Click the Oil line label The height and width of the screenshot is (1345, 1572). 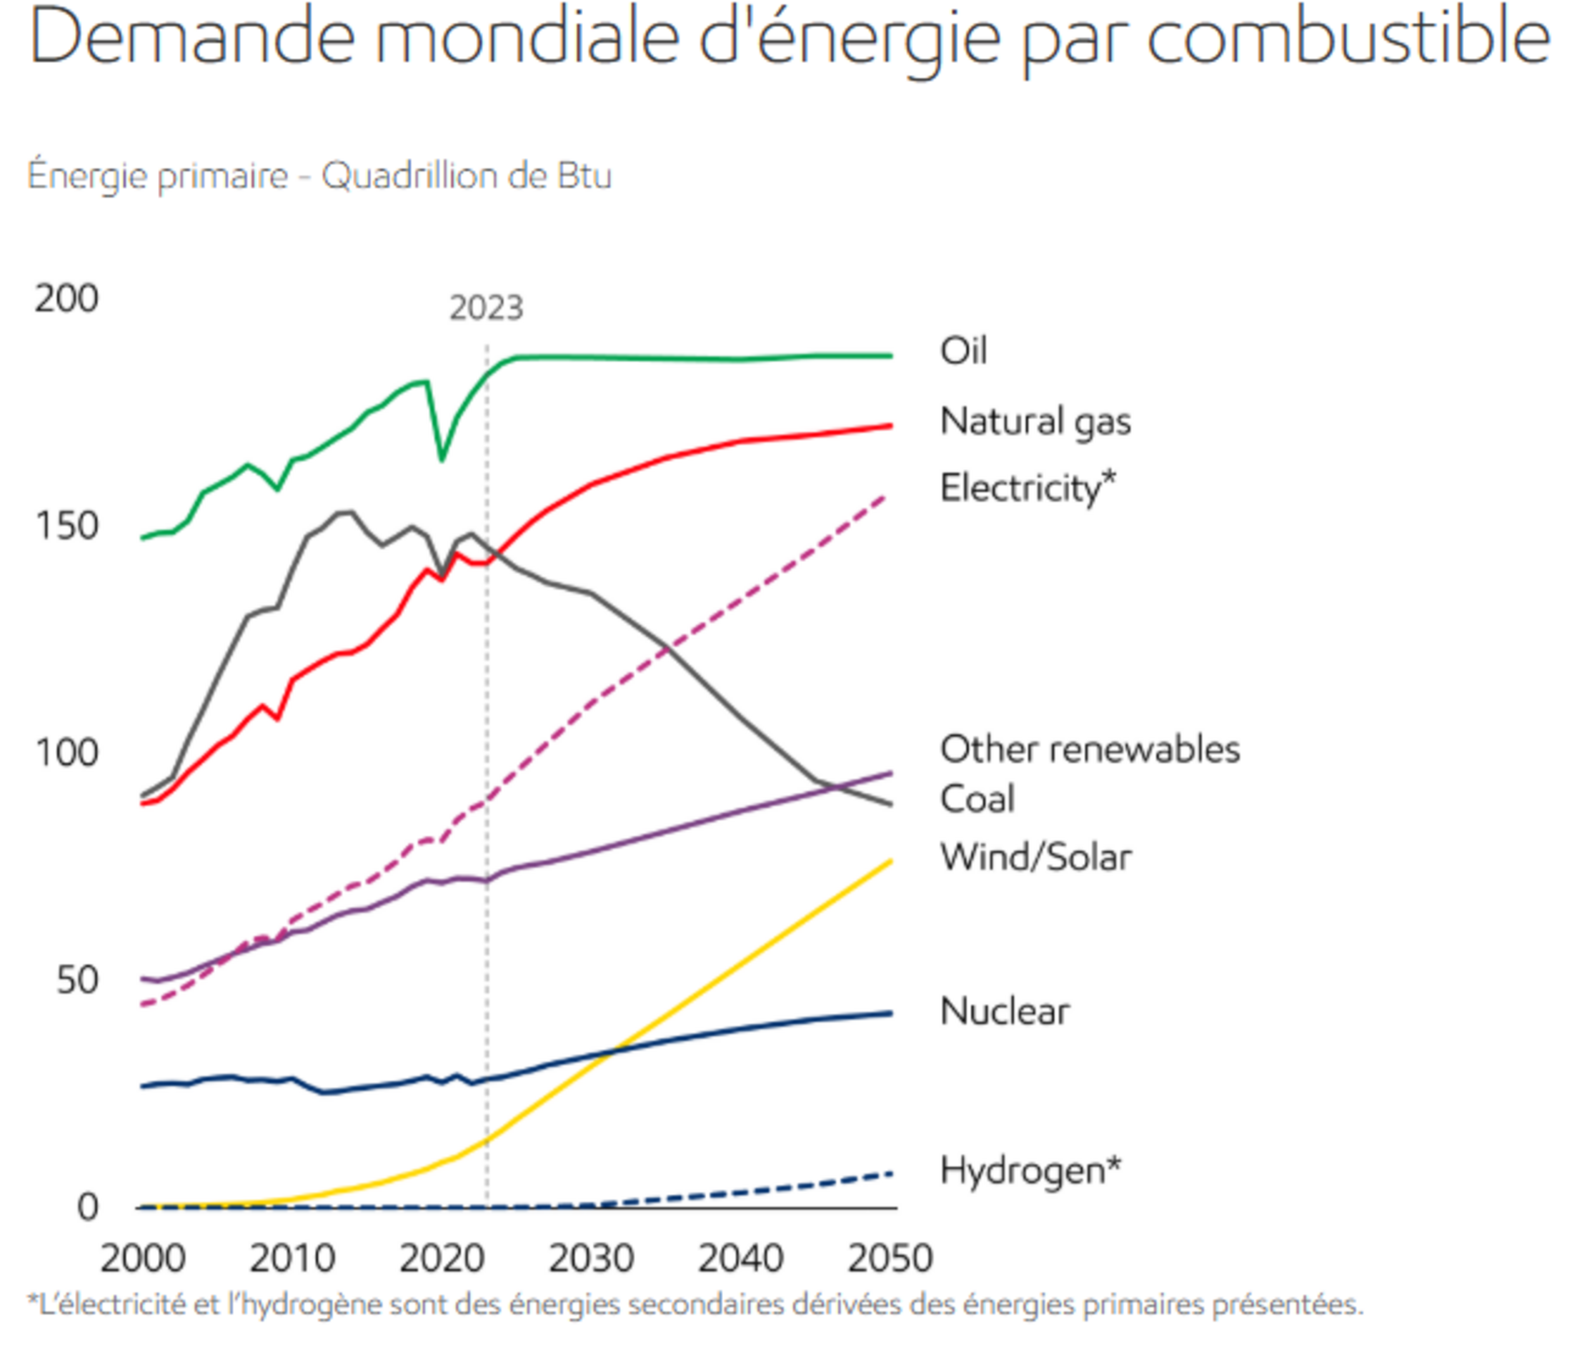pyautogui.click(x=962, y=350)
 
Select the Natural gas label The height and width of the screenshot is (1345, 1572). pyautogui.click(x=1035, y=421)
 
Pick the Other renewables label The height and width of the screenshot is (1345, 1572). pyautogui.click(x=1090, y=749)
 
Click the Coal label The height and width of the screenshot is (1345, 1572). pyautogui.click(x=977, y=799)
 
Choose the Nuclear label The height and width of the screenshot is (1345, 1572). pyautogui.click(x=1005, y=1011)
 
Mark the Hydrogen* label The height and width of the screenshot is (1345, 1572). pyautogui.click(x=1030, y=1170)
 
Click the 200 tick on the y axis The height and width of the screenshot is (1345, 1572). pyautogui.click(x=66, y=298)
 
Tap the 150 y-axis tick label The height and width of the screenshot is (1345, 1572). pyautogui.click(x=66, y=526)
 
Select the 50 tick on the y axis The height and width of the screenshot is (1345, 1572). pyautogui.click(x=77, y=980)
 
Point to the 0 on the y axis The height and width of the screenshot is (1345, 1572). pyautogui.click(x=88, y=1206)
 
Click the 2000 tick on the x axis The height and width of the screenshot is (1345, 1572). pyautogui.click(x=143, y=1258)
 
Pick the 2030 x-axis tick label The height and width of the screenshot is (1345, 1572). pyautogui.click(x=591, y=1258)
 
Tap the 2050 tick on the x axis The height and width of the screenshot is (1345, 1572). pyautogui.click(x=890, y=1258)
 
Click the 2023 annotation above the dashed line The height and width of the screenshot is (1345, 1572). pyautogui.click(x=487, y=308)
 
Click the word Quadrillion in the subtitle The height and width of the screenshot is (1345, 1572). pyautogui.click(x=409, y=175)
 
